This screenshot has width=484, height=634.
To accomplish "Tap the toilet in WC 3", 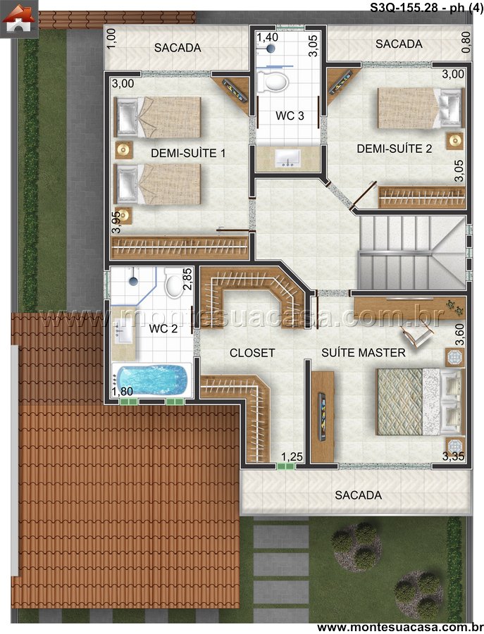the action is pos(273,81).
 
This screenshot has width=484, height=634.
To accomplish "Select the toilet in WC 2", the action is pos(174,285).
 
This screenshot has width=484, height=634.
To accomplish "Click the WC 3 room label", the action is pos(290,116).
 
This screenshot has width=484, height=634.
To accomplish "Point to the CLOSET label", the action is pos(252,353).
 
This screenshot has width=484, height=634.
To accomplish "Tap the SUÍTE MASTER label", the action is pos(363,353).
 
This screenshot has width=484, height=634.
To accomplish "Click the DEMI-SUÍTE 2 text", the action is pos(395,149).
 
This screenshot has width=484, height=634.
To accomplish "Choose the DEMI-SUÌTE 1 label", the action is pos(188,154).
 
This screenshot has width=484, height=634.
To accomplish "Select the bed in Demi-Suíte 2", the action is pos(419,108).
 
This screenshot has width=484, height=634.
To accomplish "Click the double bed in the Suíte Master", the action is pos(419,402).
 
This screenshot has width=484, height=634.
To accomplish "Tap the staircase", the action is pos(411,252).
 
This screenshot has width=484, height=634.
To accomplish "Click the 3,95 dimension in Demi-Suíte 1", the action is pos(117,222).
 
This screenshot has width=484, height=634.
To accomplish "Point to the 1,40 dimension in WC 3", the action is pos(267,37).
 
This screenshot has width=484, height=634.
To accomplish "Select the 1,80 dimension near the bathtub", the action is pos(122,392).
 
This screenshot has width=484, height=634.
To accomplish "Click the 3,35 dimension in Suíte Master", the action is pos(453,456).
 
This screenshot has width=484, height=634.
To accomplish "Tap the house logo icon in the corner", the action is pos(19,18).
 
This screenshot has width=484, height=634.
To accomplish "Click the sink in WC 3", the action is pos(287,158).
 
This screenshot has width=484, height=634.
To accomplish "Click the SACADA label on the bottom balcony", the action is pos(359,495).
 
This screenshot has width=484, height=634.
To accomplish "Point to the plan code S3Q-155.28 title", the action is pos(404,8).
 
